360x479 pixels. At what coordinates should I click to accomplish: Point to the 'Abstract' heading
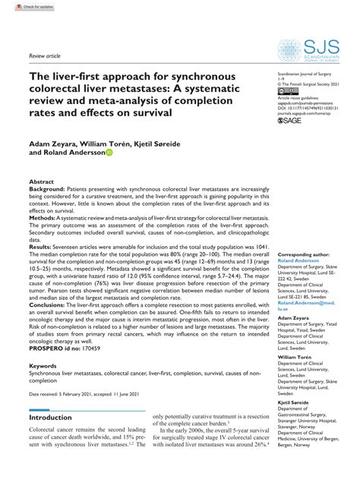click(42, 183)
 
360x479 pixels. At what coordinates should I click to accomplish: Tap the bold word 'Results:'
click(41, 269)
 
